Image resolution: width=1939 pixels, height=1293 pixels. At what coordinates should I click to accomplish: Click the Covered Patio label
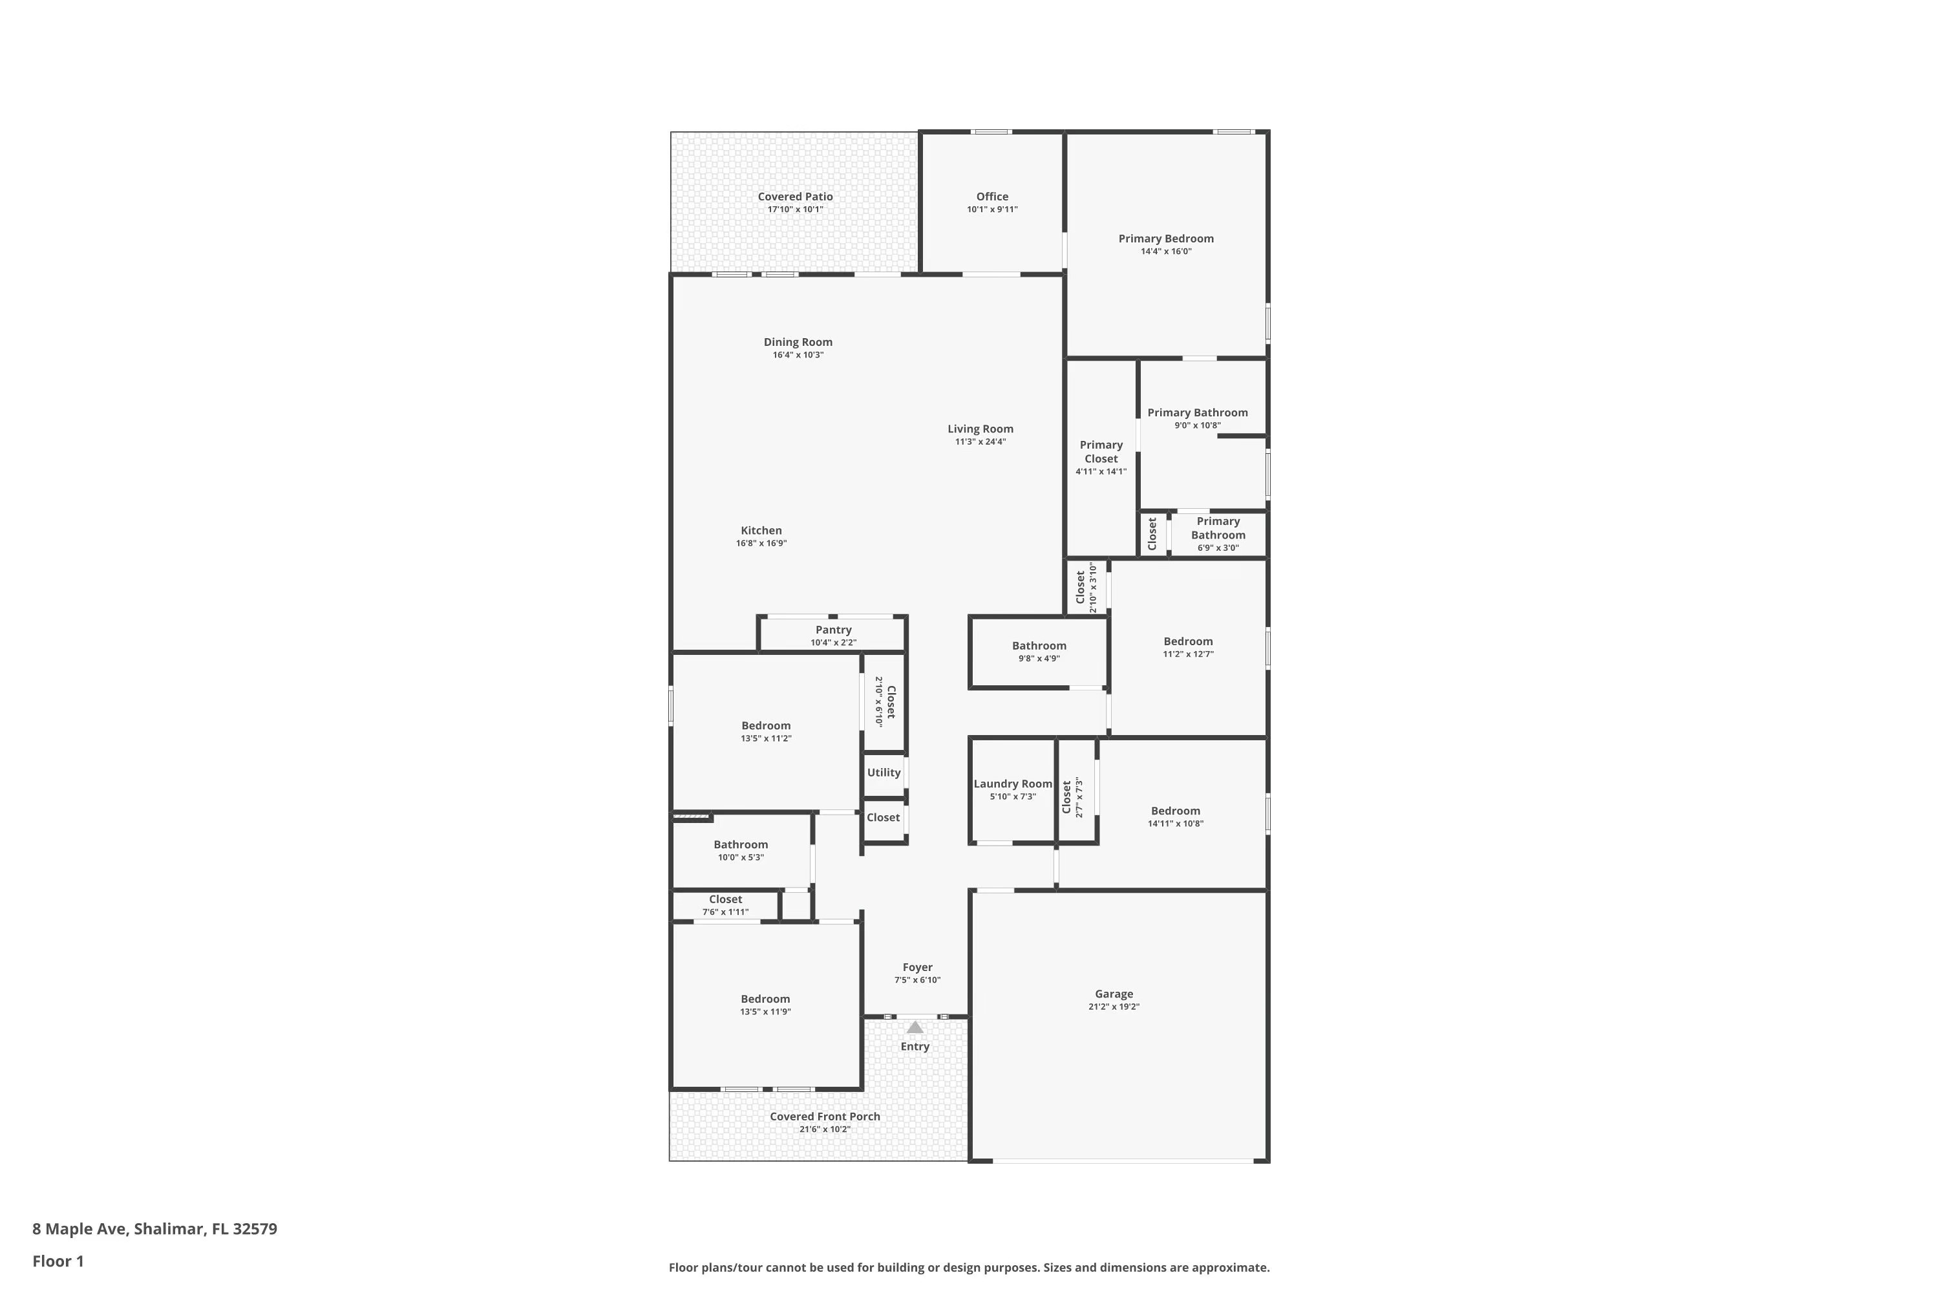tap(795, 197)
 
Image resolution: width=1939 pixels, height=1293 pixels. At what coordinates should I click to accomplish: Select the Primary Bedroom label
tap(1166, 239)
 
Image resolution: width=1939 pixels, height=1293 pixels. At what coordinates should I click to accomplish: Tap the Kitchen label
tap(761, 530)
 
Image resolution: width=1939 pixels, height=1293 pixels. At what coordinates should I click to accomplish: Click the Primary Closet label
tap(1101, 452)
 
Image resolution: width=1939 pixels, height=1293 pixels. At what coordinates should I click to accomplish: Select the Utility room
tap(883, 773)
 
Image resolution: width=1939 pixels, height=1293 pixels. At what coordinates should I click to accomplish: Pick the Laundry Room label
tap(1012, 784)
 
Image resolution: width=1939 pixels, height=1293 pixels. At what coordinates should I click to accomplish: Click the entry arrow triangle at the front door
tap(915, 1027)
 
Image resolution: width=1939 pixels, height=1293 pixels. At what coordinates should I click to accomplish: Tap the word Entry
tap(915, 1047)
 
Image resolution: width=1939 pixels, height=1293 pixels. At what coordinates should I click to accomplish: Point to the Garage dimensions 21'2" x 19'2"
tap(1114, 1007)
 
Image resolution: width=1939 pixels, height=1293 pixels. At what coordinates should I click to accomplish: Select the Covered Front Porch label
tap(825, 1117)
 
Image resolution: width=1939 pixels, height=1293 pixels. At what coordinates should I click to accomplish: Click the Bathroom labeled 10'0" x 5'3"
tap(740, 850)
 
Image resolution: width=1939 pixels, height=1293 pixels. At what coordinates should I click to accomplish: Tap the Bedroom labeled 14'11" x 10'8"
tap(1175, 817)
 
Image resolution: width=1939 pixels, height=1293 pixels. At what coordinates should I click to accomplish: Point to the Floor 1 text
tap(58, 1261)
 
